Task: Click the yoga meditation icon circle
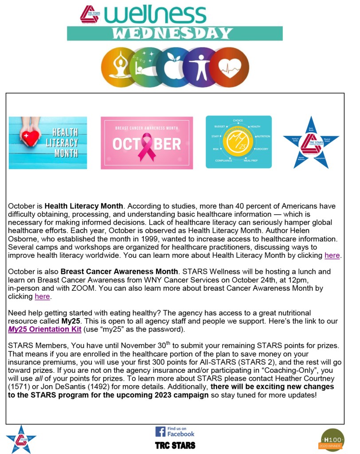tap(118, 67)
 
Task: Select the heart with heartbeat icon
tap(229, 67)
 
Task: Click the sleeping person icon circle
tap(146, 67)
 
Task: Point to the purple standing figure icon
tap(201, 67)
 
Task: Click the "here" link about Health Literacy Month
tap(332, 255)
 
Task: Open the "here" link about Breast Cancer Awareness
tap(42, 296)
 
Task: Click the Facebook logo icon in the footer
tap(160, 431)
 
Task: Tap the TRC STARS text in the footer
tap(175, 445)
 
